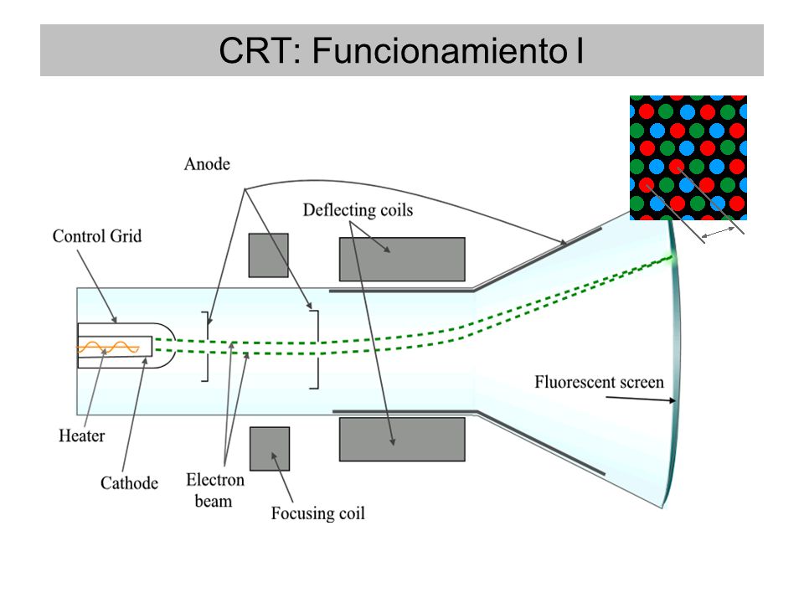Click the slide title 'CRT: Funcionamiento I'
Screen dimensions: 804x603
pos(401,50)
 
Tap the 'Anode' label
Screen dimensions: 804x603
pos(207,164)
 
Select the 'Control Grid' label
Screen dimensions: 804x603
pos(97,236)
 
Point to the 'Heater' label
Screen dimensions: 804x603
pos(81,435)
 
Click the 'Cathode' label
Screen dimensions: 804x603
pos(129,482)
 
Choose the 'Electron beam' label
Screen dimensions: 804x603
pos(215,490)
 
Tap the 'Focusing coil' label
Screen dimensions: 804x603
pos(318,513)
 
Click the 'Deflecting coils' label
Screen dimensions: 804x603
pos(358,209)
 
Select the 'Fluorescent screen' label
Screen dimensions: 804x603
pos(599,382)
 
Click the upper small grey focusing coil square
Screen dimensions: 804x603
pos(269,255)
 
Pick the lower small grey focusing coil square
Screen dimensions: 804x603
pos(270,449)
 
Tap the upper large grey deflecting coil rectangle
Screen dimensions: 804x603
pos(403,259)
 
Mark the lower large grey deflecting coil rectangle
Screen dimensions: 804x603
pos(403,440)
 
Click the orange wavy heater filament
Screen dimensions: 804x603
pos(108,348)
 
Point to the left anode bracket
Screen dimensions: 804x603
pos(207,346)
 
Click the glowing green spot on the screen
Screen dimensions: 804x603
pos(669,258)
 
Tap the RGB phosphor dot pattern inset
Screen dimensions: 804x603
pos(688,158)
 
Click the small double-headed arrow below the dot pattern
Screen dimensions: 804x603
pos(718,232)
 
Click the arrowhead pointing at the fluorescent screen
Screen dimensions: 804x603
pos(673,400)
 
